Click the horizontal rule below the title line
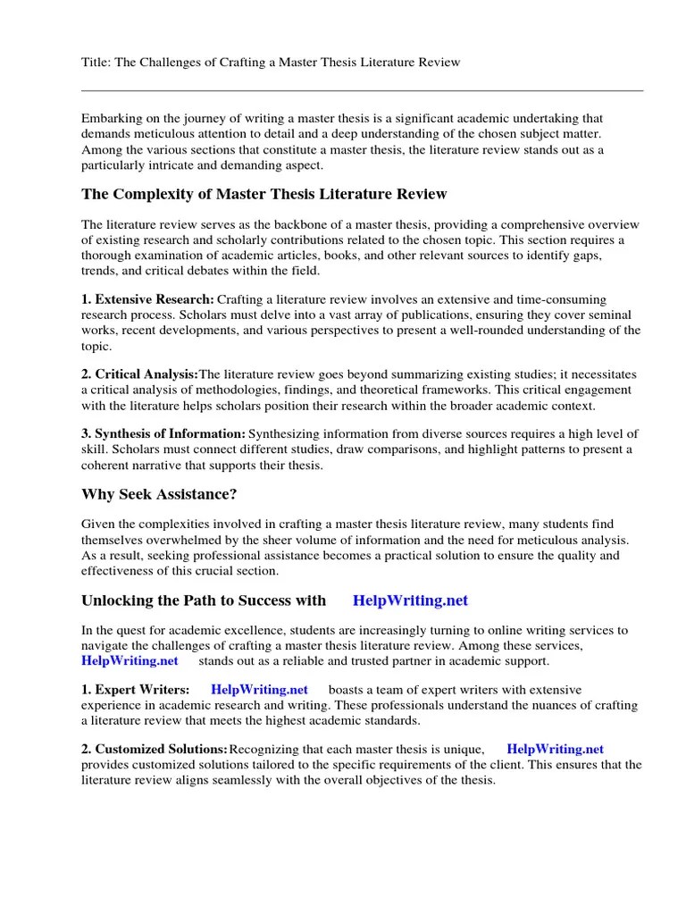362,90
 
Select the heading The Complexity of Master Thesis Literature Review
264,194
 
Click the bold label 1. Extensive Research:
147,300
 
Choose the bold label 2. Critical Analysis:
139,375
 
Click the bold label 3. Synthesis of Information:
163,434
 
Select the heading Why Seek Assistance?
165,494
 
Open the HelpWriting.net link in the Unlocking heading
410,600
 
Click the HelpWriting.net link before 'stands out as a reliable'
130,661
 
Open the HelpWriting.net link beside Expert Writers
259,690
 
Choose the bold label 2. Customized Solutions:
154,750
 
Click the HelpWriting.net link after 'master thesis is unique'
555,750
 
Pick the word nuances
525,705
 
